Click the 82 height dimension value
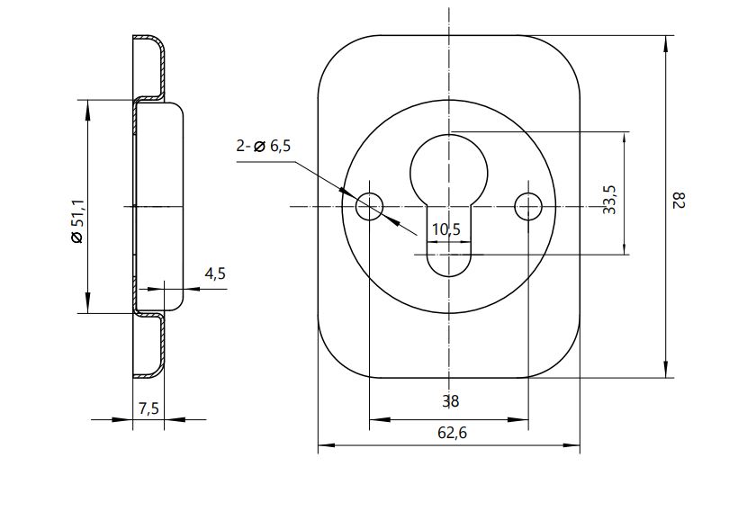click(x=679, y=202)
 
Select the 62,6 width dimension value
click(x=452, y=433)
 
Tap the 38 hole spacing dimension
click(x=451, y=401)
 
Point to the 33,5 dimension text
click(x=609, y=200)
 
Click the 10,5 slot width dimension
click(x=445, y=229)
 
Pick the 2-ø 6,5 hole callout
click(x=263, y=146)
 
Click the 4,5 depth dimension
click(x=215, y=273)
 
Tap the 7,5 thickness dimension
click(x=148, y=408)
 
